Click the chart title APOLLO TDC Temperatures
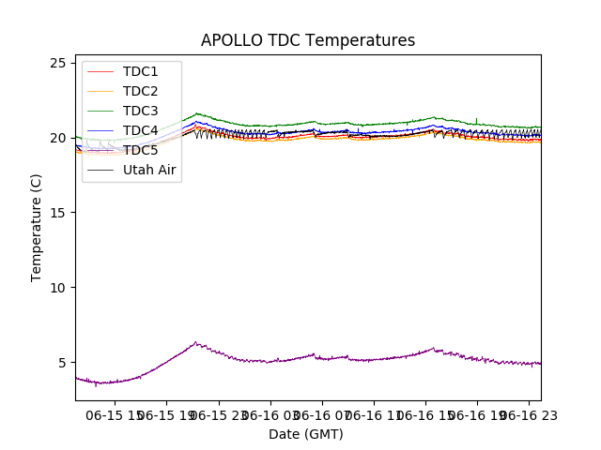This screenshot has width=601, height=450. [x=307, y=40]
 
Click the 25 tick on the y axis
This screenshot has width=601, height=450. [x=58, y=63]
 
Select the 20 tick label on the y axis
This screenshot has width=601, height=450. [x=58, y=138]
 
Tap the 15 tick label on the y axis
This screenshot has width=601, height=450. [x=58, y=213]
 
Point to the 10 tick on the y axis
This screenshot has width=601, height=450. [x=58, y=288]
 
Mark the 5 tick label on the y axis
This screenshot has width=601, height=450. [x=62, y=363]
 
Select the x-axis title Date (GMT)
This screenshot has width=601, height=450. [x=306, y=434]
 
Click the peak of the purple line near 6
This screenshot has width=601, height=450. [x=195, y=342]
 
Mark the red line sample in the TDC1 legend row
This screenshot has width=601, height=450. [x=100, y=71]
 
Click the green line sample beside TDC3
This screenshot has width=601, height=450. [x=100, y=111]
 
